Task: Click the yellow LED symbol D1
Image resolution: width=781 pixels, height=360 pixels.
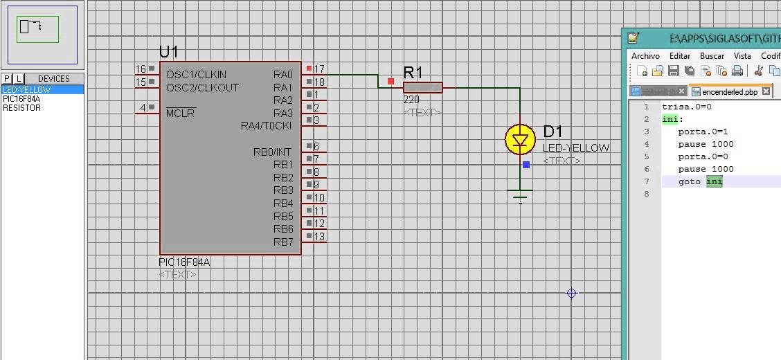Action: tap(520, 140)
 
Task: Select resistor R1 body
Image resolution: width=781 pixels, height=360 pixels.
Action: tap(422, 87)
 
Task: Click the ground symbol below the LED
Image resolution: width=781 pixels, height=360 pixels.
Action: tap(520, 195)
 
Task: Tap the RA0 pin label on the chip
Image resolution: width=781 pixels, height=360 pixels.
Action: tap(282, 74)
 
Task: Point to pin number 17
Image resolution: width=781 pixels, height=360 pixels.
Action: tap(319, 69)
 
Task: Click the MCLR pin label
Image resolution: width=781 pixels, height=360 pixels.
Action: tap(181, 114)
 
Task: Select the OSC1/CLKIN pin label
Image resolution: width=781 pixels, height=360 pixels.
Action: tap(196, 74)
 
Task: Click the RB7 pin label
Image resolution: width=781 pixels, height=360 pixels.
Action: tap(282, 242)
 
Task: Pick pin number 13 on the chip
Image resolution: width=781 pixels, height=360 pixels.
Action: tap(319, 237)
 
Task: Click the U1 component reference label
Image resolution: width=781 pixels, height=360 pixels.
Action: tap(168, 52)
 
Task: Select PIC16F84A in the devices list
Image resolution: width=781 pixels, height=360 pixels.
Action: tap(21, 99)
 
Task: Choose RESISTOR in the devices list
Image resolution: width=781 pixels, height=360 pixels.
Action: tap(21, 108)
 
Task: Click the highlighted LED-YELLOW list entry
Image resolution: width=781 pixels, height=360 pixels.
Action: tap(26, 90)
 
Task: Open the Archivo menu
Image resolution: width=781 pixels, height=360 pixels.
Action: tap(645, 55)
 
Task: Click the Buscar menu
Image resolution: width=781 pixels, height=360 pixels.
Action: tap(712, 55)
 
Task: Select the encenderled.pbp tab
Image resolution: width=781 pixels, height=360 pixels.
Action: tap(729, 91)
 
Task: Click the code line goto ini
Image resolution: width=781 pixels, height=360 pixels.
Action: tap(700, 181)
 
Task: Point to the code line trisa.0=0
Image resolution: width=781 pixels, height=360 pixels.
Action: tap(686, 107)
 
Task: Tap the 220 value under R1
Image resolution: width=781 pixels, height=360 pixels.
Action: tap(411, 100)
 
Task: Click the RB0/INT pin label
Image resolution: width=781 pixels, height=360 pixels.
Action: tap(272, 152)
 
